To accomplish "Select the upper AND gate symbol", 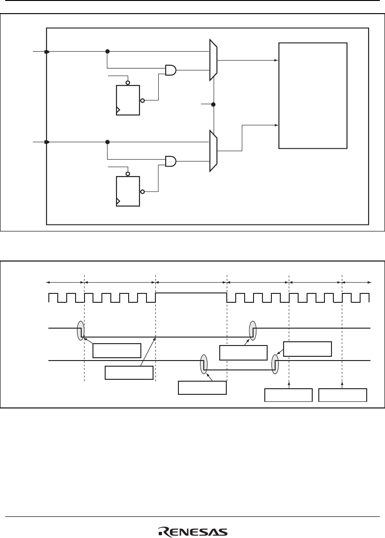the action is (x=171, y=70).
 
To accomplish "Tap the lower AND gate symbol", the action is (x=171, y=161).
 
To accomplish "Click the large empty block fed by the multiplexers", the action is (x=313, y=95).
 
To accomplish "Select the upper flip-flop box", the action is (x=128, y=100).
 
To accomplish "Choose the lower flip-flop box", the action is (x=128, y=191).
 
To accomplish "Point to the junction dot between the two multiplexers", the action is (x=214, y=104).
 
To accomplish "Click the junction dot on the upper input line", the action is (x=108, y=52).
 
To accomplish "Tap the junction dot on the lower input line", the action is (x=108, y=142).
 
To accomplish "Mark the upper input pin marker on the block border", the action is (x=46, y=52).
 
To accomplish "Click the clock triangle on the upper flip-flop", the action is (x=118, y=111).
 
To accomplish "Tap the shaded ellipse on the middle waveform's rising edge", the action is (x=253, y=330).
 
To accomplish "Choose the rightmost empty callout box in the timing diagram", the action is (x=343, y=395).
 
